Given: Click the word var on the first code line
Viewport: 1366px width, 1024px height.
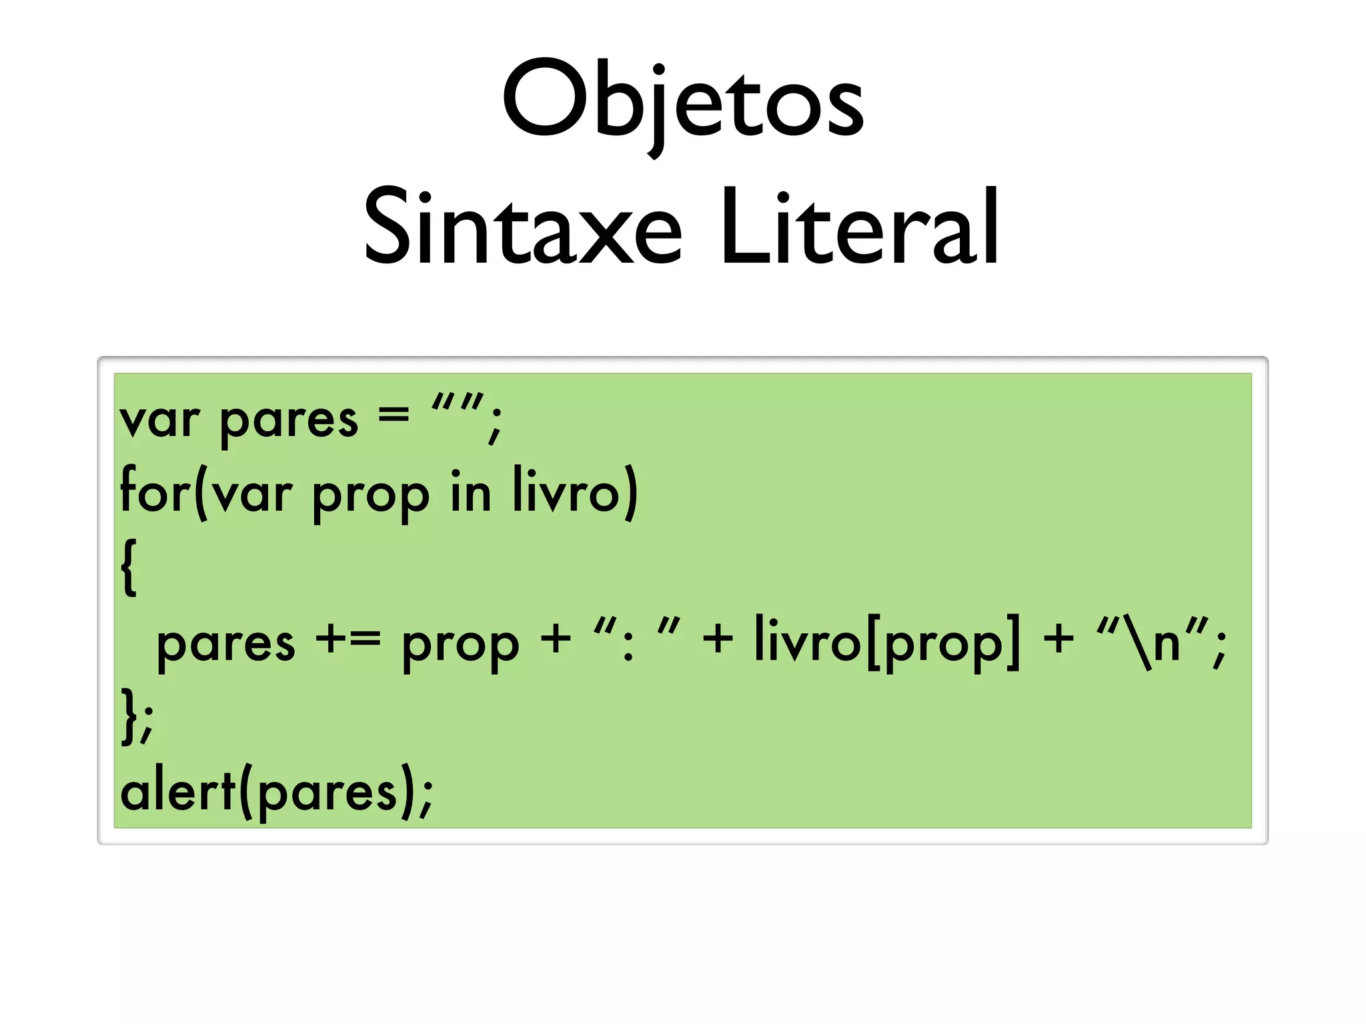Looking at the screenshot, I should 159,421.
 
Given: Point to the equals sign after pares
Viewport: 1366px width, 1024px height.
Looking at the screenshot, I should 394,416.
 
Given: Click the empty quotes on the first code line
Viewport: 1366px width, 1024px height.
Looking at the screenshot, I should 458,403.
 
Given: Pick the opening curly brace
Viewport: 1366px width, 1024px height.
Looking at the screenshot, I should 129,567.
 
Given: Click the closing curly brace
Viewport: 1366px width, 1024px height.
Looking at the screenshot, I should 129,717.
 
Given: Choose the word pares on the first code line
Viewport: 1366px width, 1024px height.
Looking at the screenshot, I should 288,422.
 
